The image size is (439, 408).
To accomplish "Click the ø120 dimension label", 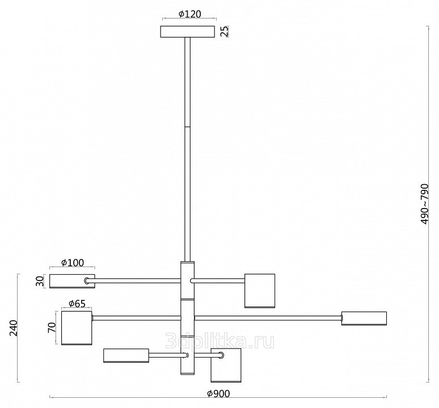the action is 189,14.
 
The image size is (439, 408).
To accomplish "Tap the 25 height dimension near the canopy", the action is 225,31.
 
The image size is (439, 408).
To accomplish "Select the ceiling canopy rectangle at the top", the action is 187,32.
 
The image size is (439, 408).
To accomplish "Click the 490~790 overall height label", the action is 424,204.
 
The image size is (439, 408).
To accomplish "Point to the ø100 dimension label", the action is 72,262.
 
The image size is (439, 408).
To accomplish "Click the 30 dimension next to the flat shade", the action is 40,281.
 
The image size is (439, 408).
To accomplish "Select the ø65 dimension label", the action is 77,303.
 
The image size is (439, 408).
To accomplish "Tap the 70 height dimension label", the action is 52,327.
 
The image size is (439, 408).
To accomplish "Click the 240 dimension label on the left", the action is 13,328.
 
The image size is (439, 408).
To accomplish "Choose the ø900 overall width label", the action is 218,393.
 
